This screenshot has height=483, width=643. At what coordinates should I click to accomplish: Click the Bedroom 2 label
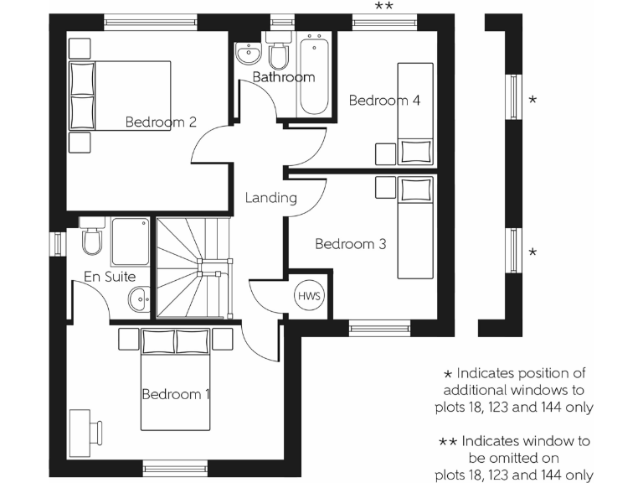161,122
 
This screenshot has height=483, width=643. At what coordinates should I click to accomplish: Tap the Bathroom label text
284,77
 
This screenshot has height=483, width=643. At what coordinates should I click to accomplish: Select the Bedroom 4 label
383,101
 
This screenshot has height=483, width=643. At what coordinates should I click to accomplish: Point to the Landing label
270,199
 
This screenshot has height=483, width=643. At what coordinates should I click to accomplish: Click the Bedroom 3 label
350,244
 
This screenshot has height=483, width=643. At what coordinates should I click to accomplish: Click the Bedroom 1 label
176,394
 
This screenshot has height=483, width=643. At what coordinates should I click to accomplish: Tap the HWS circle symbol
308,295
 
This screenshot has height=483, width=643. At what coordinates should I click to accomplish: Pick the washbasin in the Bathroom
249,54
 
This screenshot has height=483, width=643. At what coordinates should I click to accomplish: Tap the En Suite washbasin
138,299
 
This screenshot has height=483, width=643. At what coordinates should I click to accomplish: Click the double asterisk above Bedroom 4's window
383,7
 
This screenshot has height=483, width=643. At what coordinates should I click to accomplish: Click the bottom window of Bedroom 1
168,467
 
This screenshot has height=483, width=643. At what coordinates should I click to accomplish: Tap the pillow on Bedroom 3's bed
414,190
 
